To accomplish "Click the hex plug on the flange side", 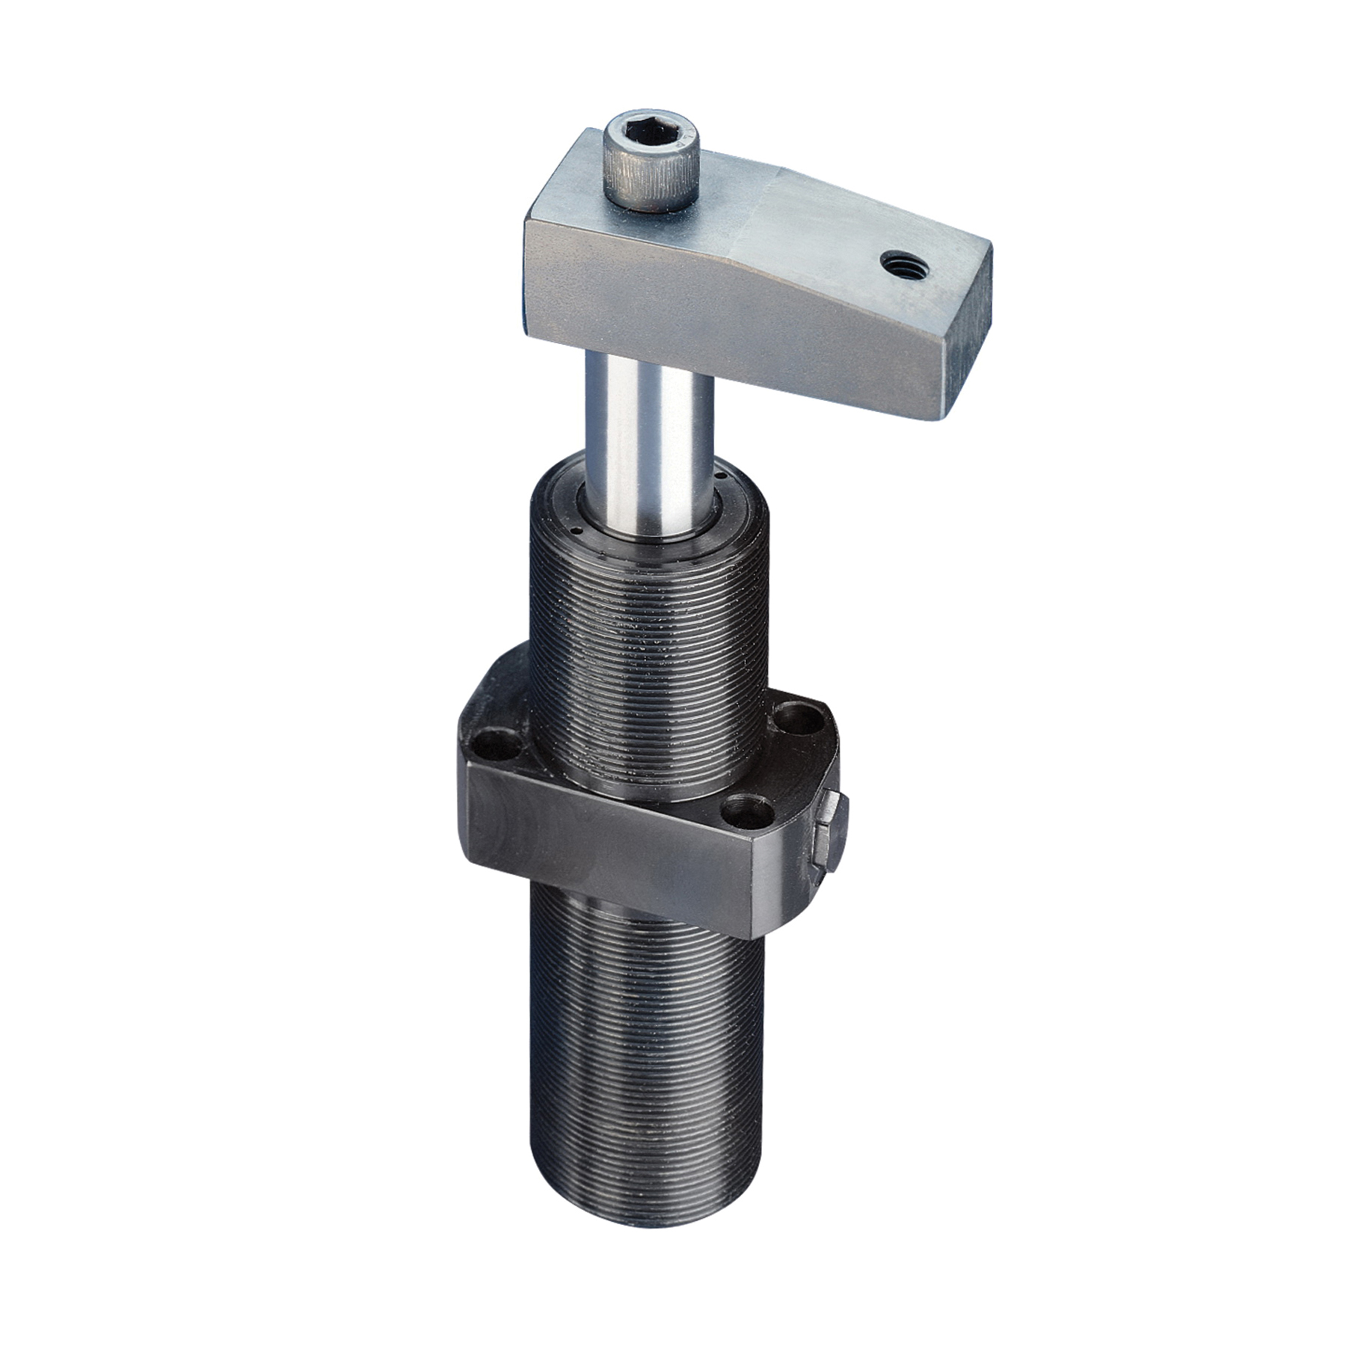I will [830, 835].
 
